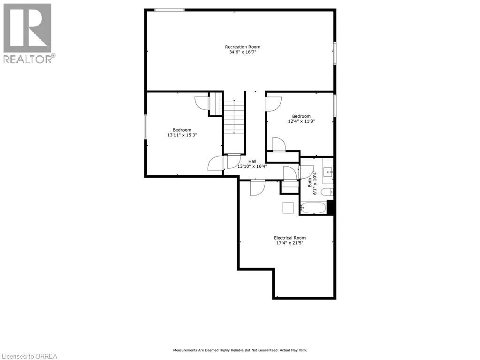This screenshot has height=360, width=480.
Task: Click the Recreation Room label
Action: (x=242, y=47)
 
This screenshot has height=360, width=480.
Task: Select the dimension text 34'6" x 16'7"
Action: (x=242, y=52)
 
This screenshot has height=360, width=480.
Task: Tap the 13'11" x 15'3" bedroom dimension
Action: (x=182, y=135)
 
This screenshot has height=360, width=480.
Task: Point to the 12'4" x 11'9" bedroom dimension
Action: (x=301, y=121)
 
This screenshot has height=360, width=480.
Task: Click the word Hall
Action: (x=252, y=161)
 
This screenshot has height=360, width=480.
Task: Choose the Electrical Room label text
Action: (x=290, y=238)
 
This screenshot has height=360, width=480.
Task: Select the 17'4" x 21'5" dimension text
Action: (x=290, y=243)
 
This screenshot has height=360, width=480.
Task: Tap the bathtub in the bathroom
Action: (x=314, y=208)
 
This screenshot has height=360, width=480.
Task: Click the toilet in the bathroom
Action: (x=330, y=191)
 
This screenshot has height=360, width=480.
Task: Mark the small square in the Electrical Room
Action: (x=288, y=208)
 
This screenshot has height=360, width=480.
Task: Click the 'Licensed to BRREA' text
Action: (x=29, y=356)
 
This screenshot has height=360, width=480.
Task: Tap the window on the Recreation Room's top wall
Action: (x=169, y=10)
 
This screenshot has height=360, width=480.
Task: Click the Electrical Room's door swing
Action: (x=257, y=188)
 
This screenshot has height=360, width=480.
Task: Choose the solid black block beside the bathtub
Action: (x=330, y=207)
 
